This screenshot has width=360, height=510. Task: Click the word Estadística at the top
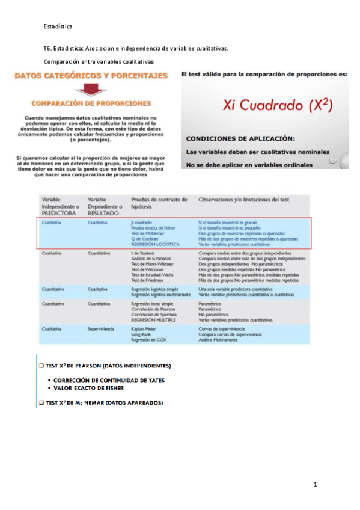(58, 27)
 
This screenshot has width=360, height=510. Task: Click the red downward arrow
(91, 89)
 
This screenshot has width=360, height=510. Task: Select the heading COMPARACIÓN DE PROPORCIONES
(91, 103)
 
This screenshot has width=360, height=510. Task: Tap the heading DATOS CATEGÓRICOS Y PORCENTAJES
(91, 77)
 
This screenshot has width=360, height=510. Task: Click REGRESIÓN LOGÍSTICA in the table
(154, 244)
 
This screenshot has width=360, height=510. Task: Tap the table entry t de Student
(143, 254)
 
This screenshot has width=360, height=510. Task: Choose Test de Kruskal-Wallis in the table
(152, 275)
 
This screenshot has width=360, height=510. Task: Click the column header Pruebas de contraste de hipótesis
(159, 203)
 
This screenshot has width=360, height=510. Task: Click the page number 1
(314, 485)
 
